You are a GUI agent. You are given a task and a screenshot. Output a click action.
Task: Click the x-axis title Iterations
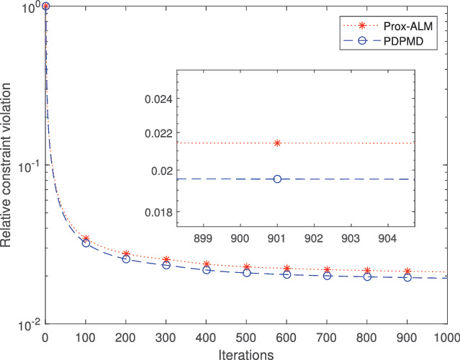(x=246, y=354)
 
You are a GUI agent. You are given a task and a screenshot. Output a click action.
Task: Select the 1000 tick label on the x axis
(x=445, y=337)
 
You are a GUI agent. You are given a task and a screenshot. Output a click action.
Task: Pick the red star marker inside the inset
(x=277, y=143)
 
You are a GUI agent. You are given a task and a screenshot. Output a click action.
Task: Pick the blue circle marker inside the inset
(x=277, y=179)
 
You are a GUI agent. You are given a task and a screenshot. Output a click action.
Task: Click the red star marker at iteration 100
(x=86, y=238)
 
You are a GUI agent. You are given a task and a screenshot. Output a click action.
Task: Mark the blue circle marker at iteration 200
(x=126, y=258)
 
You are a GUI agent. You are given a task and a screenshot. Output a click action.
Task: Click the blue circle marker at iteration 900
(x=407, y=277)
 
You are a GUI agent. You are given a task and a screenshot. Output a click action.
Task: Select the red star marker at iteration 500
(x=246, y=267)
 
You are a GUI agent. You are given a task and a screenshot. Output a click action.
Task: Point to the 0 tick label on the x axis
(x=46, y=337)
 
